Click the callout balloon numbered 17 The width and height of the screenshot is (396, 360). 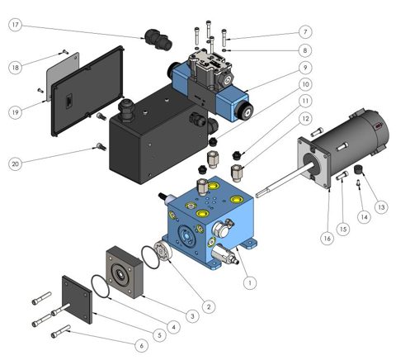point(16,25)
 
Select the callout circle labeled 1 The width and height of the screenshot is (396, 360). point(250,282)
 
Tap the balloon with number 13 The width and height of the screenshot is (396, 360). point(381,207)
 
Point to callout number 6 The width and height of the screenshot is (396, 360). point(142,345)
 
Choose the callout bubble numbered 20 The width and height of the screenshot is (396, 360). point(16,164)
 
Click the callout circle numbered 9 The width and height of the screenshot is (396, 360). point(305,68)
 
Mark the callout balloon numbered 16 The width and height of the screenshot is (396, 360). point(328,239)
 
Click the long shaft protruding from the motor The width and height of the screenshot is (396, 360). point(285,179)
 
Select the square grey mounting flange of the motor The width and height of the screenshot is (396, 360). point(314,163)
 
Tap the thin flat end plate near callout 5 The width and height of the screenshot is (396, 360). point(77,300)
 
